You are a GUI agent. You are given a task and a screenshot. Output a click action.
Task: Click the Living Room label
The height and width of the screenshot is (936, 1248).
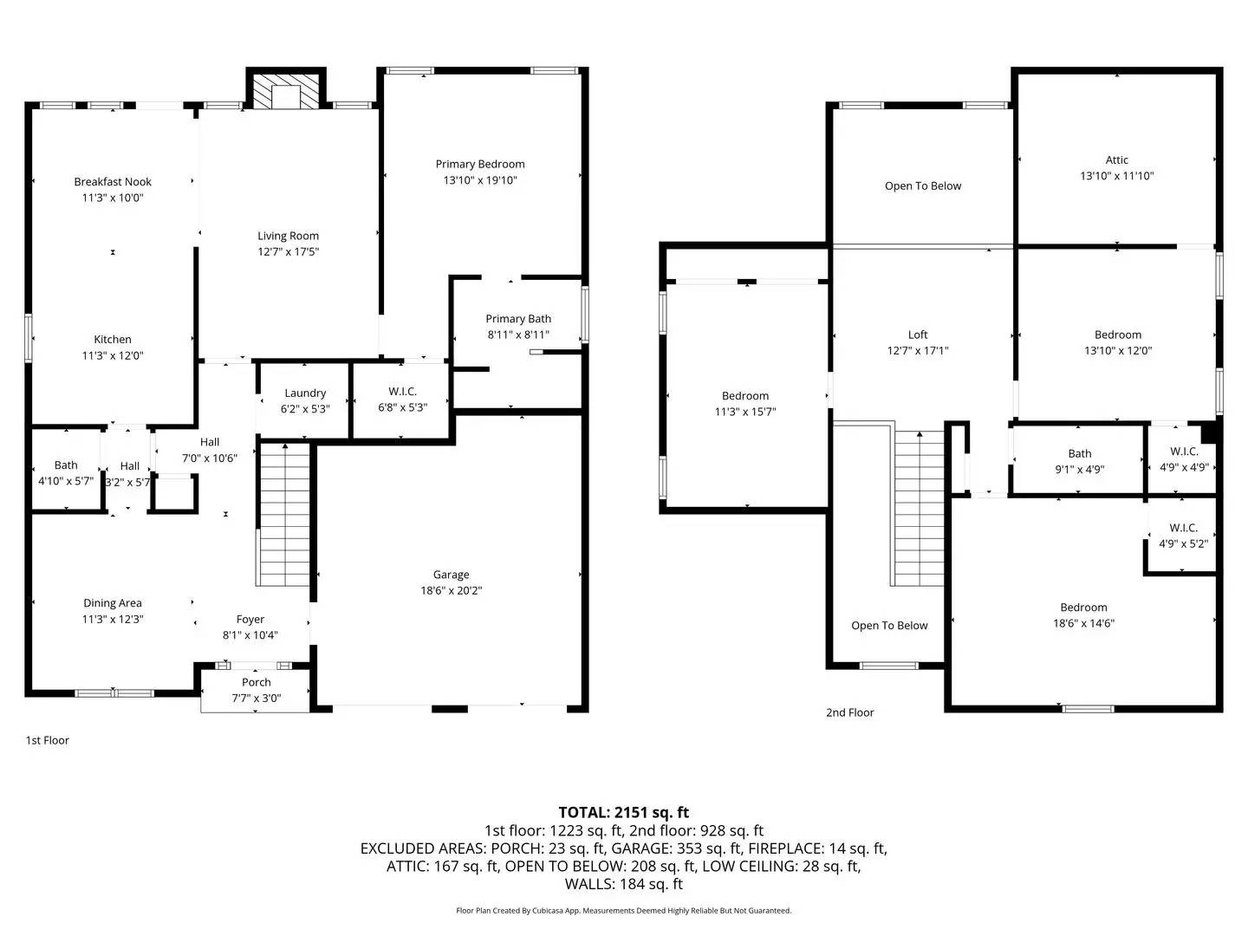point(288,235)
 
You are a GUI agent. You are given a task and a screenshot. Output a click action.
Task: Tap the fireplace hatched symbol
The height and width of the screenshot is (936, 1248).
point(286,91)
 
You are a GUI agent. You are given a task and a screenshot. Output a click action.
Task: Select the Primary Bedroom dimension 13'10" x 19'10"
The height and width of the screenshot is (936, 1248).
point(480,180)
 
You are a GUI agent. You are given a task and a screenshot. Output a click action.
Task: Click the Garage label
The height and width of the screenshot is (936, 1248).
point(451,574)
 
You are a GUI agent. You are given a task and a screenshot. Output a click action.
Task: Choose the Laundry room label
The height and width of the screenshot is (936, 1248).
point(305,393)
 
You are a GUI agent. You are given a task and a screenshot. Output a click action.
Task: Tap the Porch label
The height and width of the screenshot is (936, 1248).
point(256,682)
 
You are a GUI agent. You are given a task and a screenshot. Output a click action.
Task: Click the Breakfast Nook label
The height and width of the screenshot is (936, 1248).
point(113,181)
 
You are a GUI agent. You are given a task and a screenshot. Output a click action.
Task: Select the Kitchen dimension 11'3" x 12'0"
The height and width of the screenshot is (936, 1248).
point(113,355)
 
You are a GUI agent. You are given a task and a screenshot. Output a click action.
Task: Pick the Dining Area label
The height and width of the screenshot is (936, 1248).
point(113,602)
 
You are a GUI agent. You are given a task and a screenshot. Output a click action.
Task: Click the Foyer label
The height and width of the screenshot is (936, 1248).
point(250,619)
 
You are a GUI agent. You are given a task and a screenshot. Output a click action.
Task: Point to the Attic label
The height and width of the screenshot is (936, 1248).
point(1116,159)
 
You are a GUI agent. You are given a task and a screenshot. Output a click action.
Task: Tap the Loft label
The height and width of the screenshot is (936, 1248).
point(918,335)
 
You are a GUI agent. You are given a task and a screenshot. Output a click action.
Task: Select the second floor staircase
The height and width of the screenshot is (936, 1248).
point(919,508)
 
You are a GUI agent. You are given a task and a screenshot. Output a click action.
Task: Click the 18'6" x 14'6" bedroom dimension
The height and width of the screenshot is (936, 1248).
point(1083,623)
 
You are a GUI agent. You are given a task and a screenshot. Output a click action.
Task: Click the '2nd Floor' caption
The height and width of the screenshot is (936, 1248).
point(849,712)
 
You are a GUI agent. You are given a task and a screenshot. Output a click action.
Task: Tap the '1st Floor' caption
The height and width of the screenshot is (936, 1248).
point(47,740)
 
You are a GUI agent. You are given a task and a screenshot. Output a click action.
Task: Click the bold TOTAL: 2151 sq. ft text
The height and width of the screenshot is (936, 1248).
point(623,812)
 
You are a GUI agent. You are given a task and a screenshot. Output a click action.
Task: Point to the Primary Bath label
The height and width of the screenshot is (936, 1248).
point(518,318)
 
